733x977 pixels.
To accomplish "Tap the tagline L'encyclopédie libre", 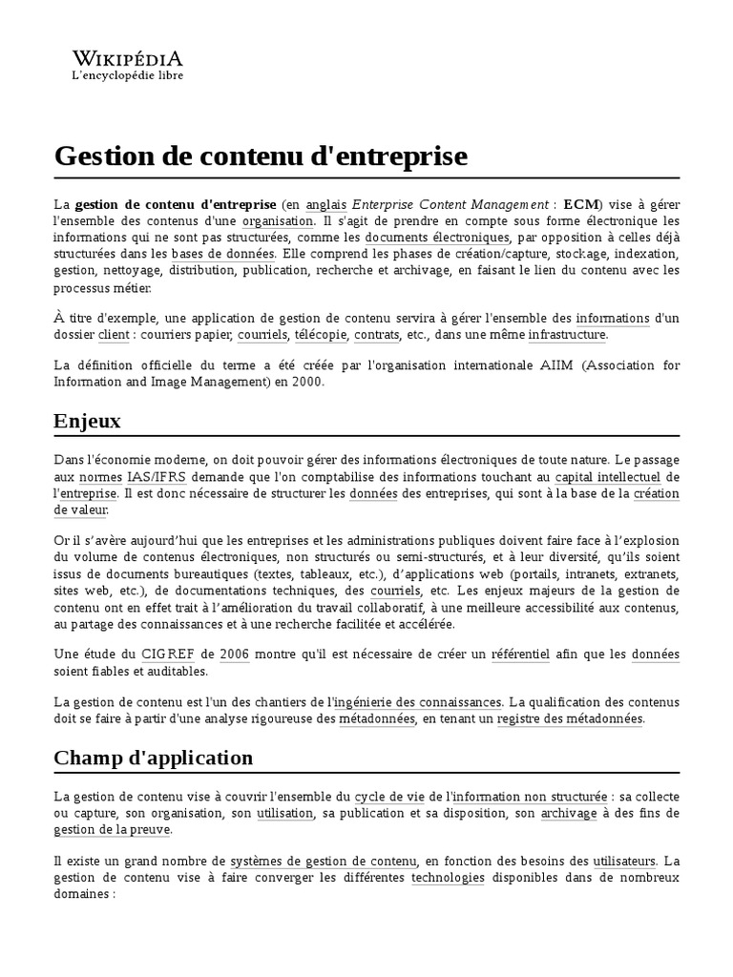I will click(128, 74).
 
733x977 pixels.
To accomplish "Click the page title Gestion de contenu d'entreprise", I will click(261, 156).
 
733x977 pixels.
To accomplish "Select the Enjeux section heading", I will click(88, 421).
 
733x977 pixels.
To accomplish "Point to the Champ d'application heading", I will click(154, 758).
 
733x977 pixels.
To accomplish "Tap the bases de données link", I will click(222, 255).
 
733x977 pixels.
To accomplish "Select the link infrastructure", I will click(567, 335).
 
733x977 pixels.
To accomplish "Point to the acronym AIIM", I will click(555, 366).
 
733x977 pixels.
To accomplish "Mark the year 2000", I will click(309, 383).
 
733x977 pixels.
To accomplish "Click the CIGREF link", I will click(167, 654).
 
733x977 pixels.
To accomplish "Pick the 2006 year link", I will click(234, 654).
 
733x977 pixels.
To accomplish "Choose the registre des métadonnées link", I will click(570, 718).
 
